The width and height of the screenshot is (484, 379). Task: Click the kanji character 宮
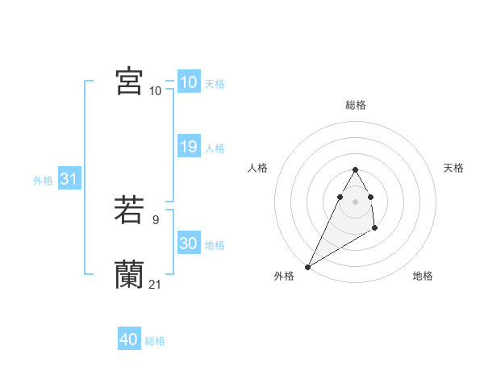pos(129,81)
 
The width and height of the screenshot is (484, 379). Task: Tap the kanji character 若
pos(129,210)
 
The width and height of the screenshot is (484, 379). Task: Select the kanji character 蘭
pos(129,275)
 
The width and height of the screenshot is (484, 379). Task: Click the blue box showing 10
pos(188,82)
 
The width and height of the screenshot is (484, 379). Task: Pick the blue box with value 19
pos(188,147)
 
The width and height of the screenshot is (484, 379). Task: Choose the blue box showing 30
pos(188,244)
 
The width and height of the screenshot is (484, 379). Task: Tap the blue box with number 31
pos(69,179)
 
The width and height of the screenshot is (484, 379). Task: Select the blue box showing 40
pos(129,339)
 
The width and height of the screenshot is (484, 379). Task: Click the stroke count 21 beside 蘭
pos(155,284)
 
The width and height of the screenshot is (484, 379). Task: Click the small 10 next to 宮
pos(155,90)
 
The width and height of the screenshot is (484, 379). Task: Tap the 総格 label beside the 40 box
pos(155,341)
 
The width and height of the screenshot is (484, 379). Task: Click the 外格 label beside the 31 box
pos(43,181)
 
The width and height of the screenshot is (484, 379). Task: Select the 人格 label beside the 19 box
pos(215,148)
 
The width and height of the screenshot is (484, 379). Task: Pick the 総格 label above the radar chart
pos(356,105)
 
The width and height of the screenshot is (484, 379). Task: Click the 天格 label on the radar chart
pos(454,168)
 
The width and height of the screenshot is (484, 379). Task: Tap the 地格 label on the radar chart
pos(423,276)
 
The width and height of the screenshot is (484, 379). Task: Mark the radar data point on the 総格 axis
pos(356,169)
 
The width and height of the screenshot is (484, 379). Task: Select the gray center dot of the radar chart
pos(356,201)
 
